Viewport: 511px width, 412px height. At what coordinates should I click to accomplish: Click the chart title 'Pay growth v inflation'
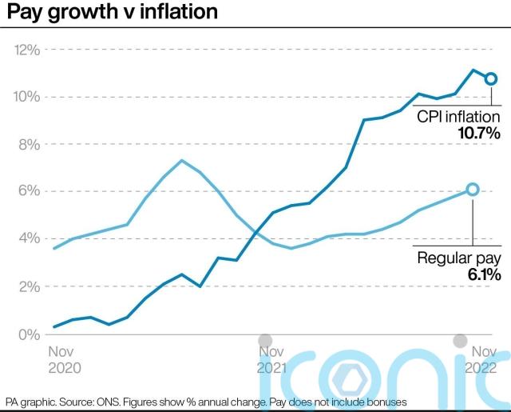tap(111, 14)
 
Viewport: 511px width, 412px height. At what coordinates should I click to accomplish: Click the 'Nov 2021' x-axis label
tap(271, 359)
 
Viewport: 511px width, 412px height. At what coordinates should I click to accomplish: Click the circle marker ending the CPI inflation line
tap(491, 78)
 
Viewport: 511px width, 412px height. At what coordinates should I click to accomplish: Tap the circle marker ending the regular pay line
tap(472, 189)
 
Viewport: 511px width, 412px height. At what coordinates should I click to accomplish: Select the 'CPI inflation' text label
tap(458, 117)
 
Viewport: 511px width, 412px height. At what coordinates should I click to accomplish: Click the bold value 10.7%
tap(479, 134)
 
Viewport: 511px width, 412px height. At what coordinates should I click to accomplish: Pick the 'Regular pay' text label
tap(459, 258)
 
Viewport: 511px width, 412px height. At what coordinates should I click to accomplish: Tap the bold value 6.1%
tap(482, 275)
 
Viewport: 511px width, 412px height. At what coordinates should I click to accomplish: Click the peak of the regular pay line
tap(182, 161)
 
